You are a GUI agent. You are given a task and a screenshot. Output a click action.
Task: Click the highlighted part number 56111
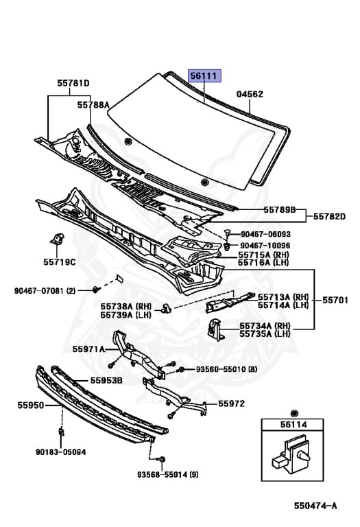tap(204, 76)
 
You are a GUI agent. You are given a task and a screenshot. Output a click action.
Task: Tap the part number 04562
tap(250, 94)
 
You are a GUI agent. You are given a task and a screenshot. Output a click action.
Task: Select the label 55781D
tap(73, 83)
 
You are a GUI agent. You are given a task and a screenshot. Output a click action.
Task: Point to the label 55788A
tap(93, 105)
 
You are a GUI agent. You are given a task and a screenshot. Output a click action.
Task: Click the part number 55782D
tap(329, 216)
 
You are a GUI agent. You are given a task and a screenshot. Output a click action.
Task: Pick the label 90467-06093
tap(265, 234)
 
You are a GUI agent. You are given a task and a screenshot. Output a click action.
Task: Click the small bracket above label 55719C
tap(57, 239)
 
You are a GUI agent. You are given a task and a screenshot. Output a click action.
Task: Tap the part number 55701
tap(335, 300)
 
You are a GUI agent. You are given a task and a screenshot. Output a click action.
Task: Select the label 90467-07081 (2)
tap(45, 290)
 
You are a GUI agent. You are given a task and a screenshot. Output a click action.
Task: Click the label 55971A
tap(88, 349)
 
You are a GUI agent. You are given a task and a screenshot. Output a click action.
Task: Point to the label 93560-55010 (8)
tap(227, 369)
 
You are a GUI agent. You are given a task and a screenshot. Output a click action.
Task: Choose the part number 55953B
tap(106, 380)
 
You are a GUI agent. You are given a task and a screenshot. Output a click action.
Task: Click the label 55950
tap(31, 406)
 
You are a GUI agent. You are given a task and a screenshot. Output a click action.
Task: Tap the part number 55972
tap(231, 403)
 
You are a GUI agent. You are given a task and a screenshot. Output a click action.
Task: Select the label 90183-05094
tap(61, 452)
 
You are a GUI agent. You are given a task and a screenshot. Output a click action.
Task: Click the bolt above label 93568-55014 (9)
tap(163, 460)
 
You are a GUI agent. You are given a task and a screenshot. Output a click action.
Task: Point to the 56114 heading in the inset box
tap(293, 425)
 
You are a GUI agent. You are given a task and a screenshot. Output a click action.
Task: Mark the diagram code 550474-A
tap(315, 506)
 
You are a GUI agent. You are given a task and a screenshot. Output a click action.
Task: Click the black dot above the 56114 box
tap(294, 413)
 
